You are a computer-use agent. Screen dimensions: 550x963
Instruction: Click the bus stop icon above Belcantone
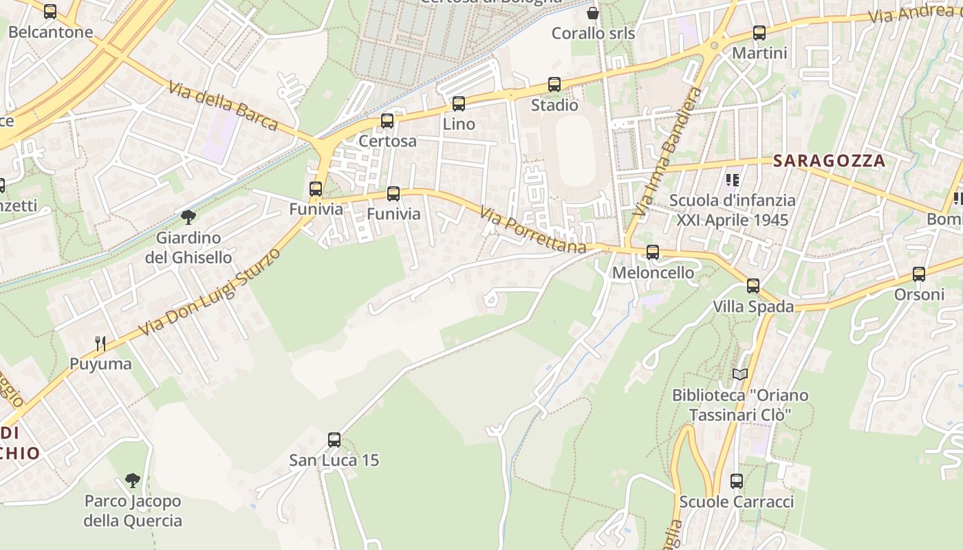pyautogui.click(x=50, y=12)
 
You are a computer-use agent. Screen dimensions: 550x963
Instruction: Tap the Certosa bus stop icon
pyautogui.click(x=387, y=121)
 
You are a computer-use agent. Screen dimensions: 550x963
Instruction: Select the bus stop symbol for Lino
pyautogui.click(x=459, y=104)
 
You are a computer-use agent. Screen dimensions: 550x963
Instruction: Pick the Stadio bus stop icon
pyautogui.click(x=554, y=85)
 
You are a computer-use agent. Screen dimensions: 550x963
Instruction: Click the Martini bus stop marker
pyautogui.click(x=759, y=32)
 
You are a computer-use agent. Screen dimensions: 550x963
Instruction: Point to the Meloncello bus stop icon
pyautogui.click(x=653, y=252)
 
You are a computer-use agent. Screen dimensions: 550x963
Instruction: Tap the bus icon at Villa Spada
pyautogui.click(x=753, y=286)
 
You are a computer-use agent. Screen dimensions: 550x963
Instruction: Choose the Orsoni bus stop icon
pyautogui.click(x=919, y=274)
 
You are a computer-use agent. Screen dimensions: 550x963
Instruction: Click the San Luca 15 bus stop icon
pyautogui.click(x=334, y=440)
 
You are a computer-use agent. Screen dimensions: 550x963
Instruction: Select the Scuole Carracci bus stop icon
pyautogui.click(x=737, y=481)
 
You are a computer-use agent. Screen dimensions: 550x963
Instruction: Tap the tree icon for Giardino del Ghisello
pyautogui.click(x=188, y=218)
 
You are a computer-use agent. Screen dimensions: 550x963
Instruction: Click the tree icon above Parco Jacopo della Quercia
pyautogui.click(x=133, y=481)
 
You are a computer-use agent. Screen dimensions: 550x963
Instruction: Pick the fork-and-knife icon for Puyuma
pyautogui.click(x=100, y=343)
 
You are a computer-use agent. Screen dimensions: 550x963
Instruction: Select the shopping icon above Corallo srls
pyautogui.click(x=593, y=13)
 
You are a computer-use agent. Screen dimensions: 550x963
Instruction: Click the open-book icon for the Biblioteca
pyautogui.click(x=740, y=375)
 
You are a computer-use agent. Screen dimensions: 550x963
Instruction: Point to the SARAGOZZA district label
pyautogui.click(x=829, y=161)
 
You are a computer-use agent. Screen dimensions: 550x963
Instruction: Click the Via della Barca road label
pyautogui.click(x=223, y=105)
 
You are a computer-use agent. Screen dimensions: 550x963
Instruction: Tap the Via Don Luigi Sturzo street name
pyautogui.click(x=210, y=292)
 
